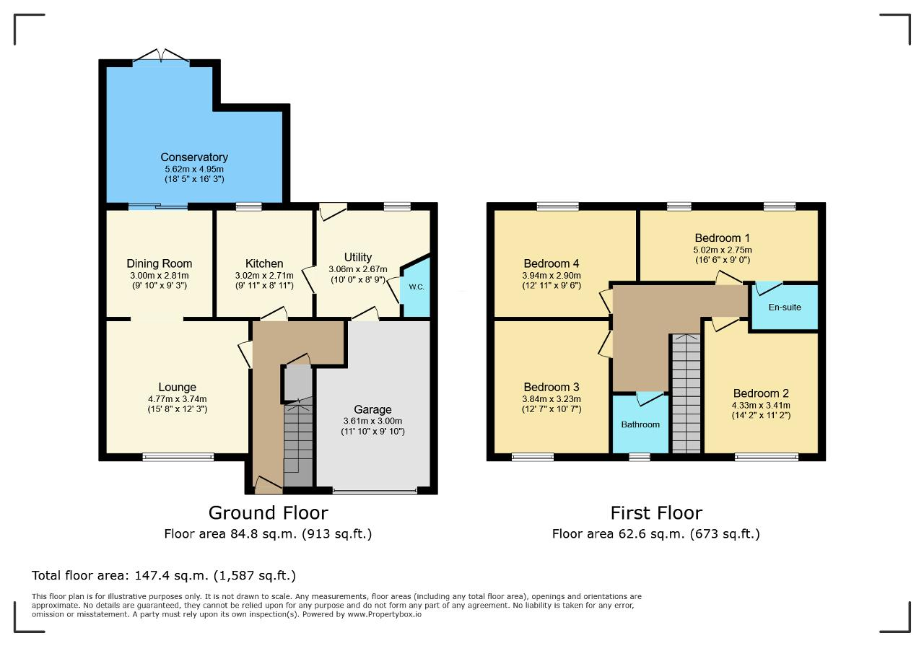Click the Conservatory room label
194,157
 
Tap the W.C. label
417,287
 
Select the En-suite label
785,307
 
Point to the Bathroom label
640,424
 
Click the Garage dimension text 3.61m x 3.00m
372,422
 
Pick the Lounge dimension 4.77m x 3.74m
178,399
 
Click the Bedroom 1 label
723,238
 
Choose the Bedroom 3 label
552,387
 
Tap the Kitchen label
264,263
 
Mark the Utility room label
358,258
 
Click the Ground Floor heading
268,513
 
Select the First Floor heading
656,513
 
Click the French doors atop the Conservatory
161,56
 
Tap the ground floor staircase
298,442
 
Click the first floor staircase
687,393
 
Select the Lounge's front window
178,457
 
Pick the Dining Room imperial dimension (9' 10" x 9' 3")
160,285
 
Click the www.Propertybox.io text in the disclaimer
385,614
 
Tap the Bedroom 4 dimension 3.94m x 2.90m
552,276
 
